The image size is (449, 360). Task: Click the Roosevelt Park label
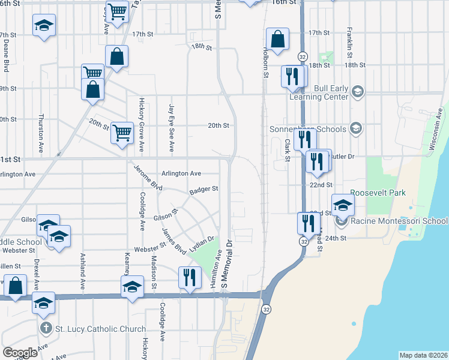(x=378, y=193)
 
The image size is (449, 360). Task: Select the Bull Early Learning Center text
(x=319, y=92)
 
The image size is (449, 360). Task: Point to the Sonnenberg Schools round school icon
(x=356, y=128)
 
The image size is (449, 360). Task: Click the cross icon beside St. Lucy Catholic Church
(x=45, y=329)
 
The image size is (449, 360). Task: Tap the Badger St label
(x=203, y=190)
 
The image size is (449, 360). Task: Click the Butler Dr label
(x=343, y=156)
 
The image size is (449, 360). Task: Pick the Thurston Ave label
(x=41, y=133)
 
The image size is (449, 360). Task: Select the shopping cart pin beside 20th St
(x=122, y=132)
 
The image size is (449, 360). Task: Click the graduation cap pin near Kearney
(x=133, y=287)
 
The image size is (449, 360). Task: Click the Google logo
(x=20, y=353)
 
